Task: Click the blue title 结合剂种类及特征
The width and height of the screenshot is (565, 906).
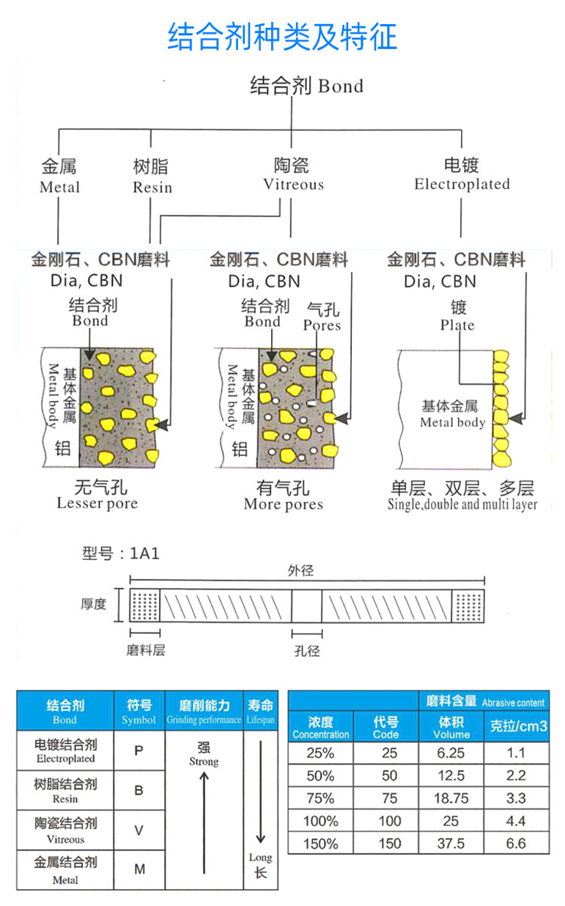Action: pos(282,36)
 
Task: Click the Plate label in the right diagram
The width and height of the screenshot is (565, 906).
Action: pos(457,325)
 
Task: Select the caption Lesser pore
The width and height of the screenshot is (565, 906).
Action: pos(97,504)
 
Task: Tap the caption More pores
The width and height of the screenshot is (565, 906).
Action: pos(284,504)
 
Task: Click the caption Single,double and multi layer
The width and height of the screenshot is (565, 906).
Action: pos(462,504)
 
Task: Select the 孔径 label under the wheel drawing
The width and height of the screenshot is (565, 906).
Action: pos(306,650)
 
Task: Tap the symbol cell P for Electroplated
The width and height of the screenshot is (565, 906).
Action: pos(139,751)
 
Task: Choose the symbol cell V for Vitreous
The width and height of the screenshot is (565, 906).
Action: pos(139,830)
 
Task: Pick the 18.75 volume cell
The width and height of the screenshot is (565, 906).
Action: pos(451,798)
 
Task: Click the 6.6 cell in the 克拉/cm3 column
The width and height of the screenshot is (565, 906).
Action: pos(516,843)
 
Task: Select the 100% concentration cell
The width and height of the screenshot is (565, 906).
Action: pos(321,821)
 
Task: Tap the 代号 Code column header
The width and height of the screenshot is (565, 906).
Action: pos(386,727)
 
